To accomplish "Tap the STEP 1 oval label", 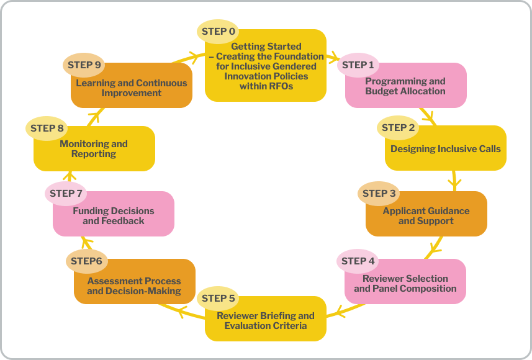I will (358, 65).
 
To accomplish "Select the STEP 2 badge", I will (399, 128).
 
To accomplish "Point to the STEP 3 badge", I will (379, 194).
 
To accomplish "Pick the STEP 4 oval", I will (358, 261).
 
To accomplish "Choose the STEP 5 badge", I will (218, 299).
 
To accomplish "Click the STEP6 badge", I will (86, 261).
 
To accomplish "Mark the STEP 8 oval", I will (47, 128).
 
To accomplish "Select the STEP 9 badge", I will (84, 65).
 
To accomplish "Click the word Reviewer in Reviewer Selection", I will (384, 279).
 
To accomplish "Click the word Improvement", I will (132, 93).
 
